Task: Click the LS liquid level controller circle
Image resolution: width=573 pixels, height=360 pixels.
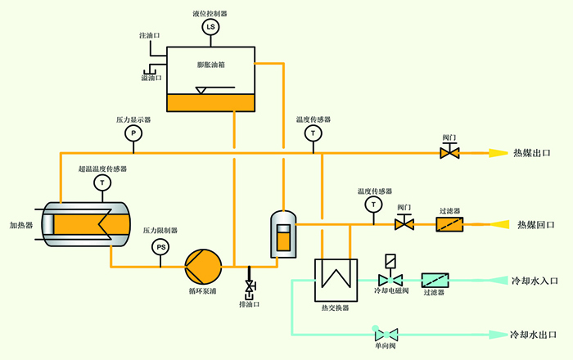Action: coord(210,28)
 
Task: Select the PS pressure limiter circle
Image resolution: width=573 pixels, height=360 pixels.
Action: coord(161,246)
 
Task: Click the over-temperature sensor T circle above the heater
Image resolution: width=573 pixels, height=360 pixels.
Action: coord(102,182)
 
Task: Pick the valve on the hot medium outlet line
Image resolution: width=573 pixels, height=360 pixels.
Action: coord(450,152)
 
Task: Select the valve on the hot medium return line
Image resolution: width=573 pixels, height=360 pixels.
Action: coord(403,223)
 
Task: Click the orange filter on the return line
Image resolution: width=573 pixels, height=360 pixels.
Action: coord(451,223)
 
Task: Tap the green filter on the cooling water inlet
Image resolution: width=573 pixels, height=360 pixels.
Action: coord(434,279)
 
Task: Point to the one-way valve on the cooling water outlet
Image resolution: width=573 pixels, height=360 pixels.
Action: coord(385,334)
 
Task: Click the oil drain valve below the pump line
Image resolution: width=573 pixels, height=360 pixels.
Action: coord(249,287)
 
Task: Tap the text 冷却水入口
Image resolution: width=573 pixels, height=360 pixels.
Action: coord(534,280)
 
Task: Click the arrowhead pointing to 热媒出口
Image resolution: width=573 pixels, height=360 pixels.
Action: coord(499,153)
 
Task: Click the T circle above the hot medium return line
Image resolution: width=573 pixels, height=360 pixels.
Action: coord(374,203)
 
